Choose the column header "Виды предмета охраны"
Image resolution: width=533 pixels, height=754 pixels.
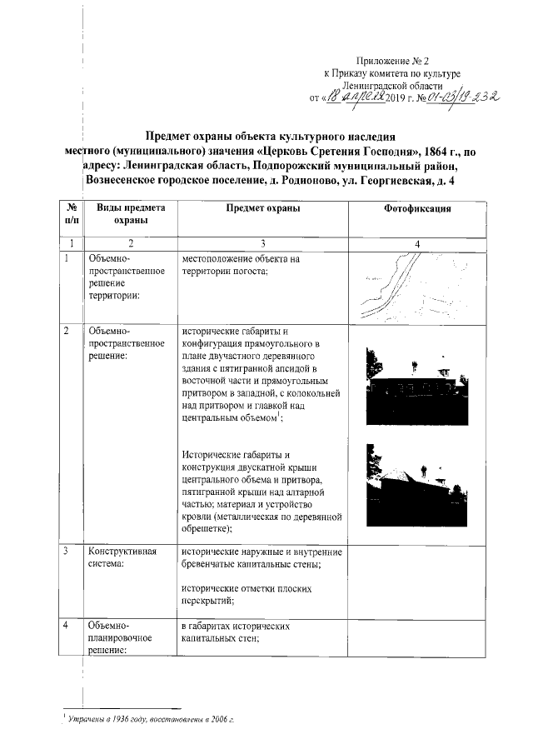[x=130, y=214]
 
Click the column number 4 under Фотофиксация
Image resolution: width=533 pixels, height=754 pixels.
[x=417, y=243]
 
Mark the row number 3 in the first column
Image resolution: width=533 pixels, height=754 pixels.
[x=67, y=552]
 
